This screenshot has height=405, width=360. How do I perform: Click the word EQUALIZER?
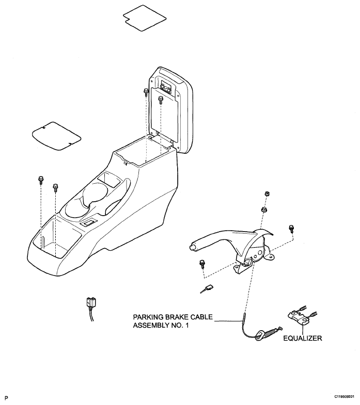click(303, 338)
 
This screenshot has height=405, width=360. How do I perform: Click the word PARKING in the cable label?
click(147, 317)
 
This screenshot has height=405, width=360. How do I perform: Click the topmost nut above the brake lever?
click(268, 193)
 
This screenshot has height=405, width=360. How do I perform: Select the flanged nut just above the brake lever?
click(264, 209)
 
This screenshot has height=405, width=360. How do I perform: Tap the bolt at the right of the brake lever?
click(291, 229)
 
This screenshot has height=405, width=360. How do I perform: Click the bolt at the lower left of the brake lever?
click(202, 264)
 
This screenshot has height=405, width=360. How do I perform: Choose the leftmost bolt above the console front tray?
click(41, 180)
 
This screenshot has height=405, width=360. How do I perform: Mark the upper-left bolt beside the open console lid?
click(146, 92)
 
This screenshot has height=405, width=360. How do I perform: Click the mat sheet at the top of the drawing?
click(144, 18)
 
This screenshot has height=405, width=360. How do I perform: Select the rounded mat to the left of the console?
click(56, 136)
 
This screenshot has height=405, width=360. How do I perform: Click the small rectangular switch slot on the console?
click(88, 222)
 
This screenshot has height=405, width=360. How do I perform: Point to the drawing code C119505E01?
click(344, 396)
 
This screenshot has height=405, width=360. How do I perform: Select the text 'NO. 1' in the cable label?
click(180, 325)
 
